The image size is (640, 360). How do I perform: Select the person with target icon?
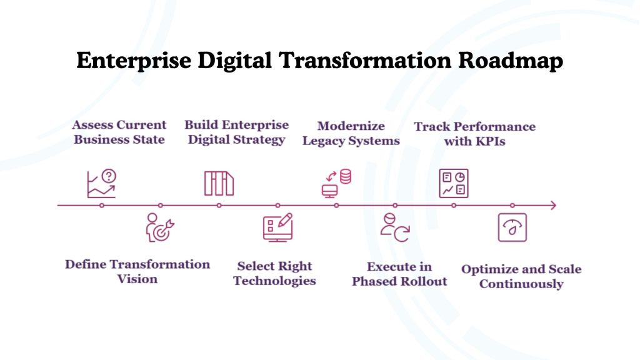(x=160, y=227)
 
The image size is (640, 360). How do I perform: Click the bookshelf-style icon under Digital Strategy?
(x=219, y=183)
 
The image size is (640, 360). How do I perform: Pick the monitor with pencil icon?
(x=277, y=227)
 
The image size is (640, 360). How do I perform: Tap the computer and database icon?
(x=336, y=183)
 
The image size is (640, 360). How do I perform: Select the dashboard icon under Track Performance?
(x=454, y=183)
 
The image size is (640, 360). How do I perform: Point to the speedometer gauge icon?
(x=512, y=227)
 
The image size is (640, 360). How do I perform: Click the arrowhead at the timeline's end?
(x=552, y=205)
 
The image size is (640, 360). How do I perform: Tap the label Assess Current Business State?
(x=119, y=132)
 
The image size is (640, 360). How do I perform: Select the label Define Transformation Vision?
(x=137, y=271)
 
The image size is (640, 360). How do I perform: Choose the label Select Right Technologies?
(x=274, y=273)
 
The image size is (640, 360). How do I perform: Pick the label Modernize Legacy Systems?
(x=351, y=133)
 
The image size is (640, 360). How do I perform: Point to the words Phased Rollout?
(x=399, y=281)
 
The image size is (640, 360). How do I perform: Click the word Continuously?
(x=521, y=284)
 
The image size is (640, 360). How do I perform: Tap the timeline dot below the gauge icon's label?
(x=512, y=205)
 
